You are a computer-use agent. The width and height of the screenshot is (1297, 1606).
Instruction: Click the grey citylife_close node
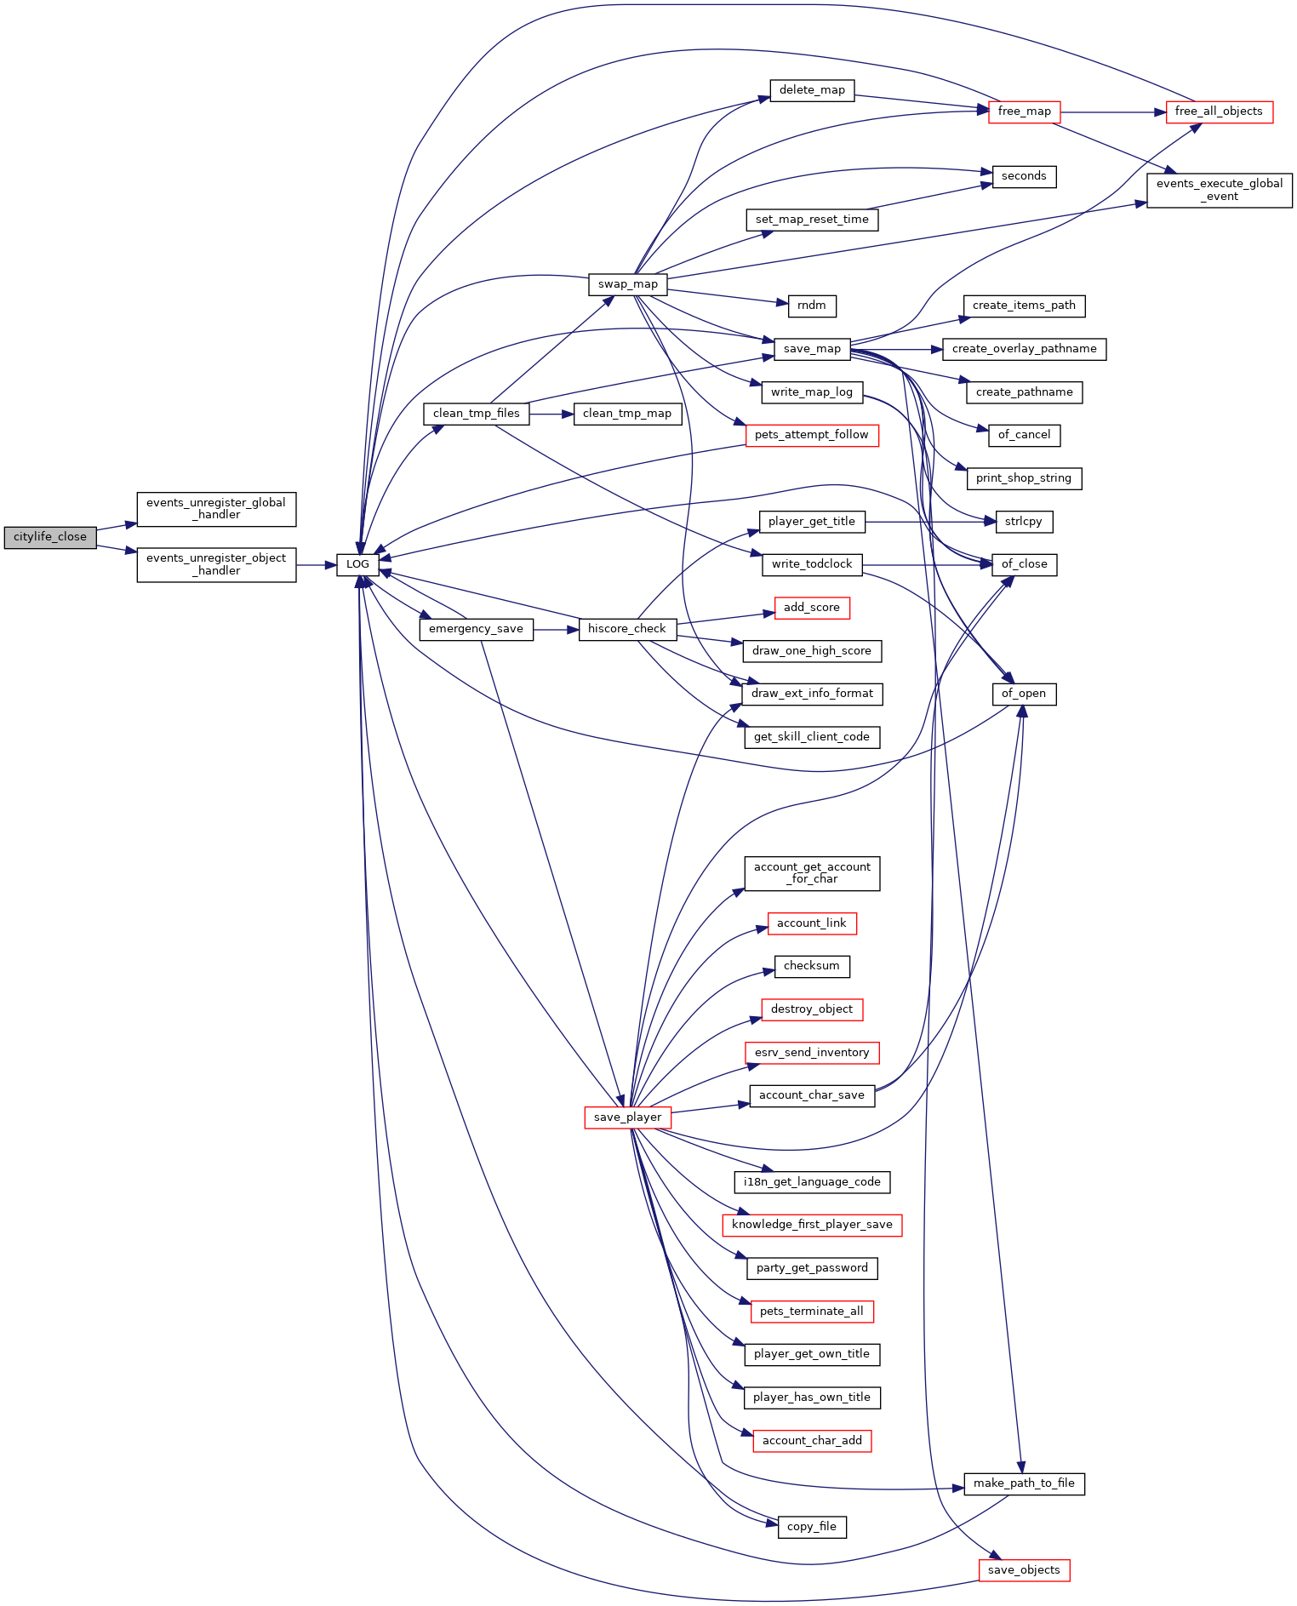(50, 537)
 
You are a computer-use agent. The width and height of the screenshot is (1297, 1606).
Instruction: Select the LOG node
(357, 564)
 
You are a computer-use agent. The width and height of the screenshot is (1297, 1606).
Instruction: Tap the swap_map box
(627, 284)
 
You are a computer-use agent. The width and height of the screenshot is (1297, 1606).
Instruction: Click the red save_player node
(627, 1117)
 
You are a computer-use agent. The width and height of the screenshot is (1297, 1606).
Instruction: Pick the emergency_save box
(476, 629)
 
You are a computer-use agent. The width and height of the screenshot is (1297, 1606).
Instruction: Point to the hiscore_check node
(627, 629)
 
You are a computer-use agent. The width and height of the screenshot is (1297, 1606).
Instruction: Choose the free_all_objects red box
(1218, 111)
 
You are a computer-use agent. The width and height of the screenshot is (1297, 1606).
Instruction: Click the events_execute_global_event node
(1219, 190)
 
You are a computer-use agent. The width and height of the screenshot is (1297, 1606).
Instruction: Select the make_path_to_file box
(1024, 1483)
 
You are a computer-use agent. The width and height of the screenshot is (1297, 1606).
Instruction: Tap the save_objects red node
(1024, 1570)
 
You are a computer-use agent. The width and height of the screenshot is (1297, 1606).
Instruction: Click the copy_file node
(812, 1527)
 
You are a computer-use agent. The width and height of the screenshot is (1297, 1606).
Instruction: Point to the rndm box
(812, 306)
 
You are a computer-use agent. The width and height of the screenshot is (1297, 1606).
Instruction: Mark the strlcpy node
(1024, 522)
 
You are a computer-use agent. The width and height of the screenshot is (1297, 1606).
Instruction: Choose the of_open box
(1024, 694)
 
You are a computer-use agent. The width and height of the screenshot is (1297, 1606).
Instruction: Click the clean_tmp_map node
(627, 414)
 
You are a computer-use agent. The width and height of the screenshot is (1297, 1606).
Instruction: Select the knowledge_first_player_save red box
(812, 1225)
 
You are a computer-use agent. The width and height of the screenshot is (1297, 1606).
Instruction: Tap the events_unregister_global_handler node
(216, 509)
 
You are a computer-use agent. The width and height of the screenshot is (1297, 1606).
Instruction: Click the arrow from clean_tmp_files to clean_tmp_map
(551, 414)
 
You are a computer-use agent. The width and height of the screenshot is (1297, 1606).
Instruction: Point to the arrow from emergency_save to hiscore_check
(556, 629)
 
